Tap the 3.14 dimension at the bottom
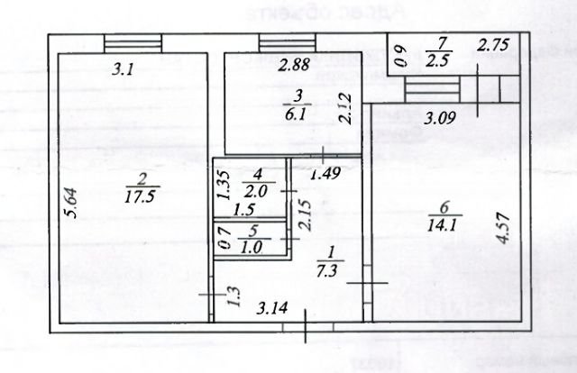coord(272,310)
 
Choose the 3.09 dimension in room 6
coord(441,116)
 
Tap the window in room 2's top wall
coord(133,43)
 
